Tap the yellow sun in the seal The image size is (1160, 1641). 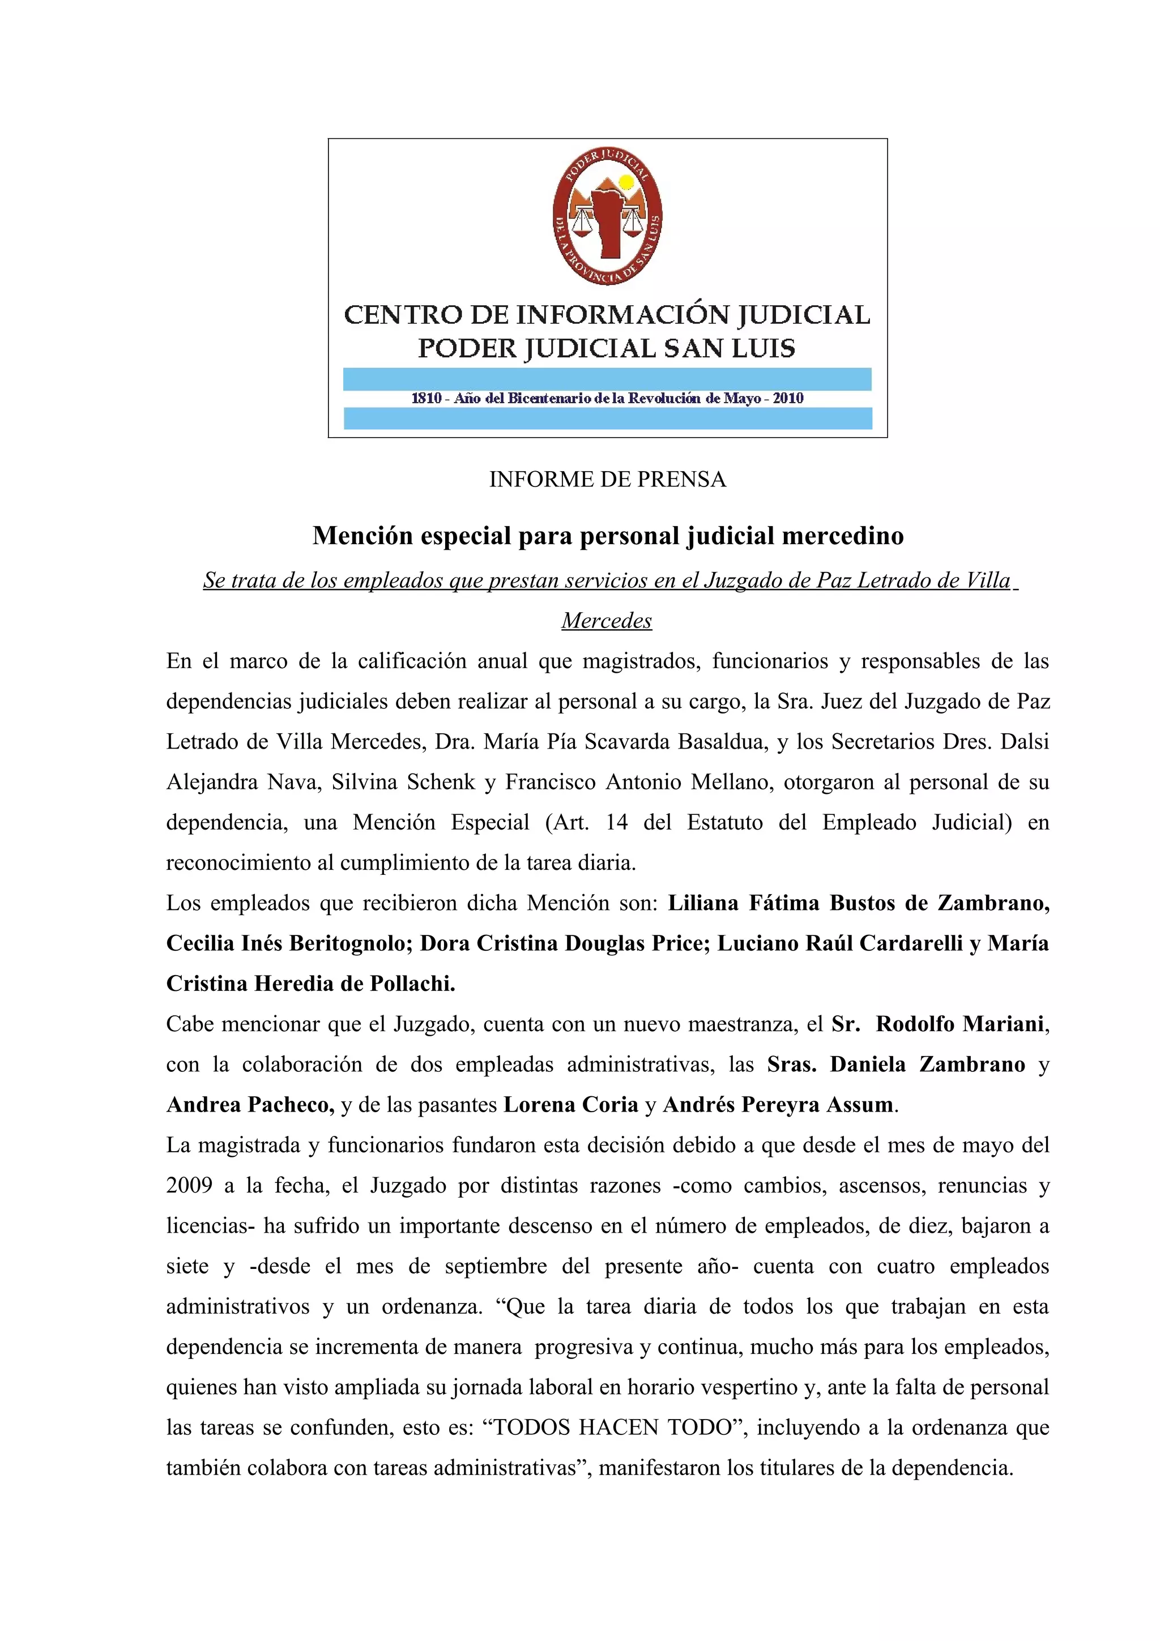point(626,182)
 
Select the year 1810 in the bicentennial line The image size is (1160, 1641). point(427,398)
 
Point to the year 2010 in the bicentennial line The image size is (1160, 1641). point(788,398)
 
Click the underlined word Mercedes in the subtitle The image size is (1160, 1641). point(607,621)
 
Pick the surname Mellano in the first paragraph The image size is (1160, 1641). point(728,782)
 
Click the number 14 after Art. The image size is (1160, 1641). point(617,823)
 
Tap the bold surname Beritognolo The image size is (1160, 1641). point(347,943)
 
